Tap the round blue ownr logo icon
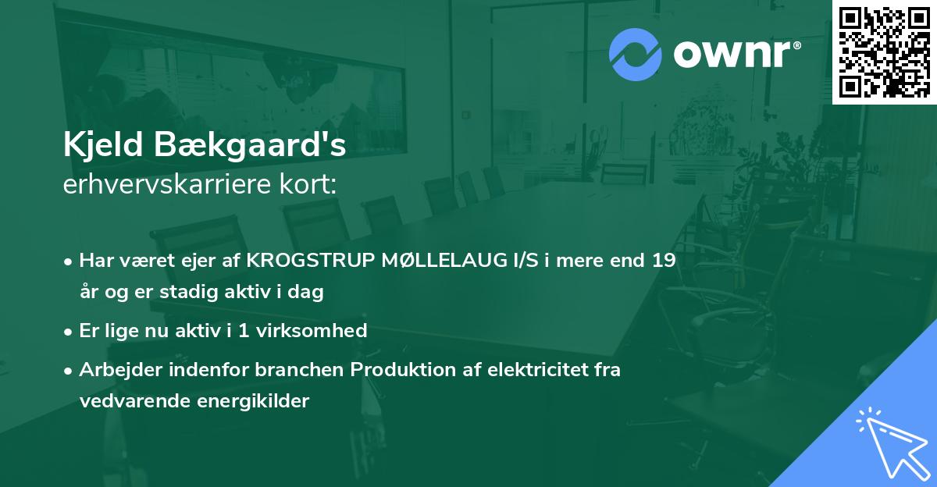636,55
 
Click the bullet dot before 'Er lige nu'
69,332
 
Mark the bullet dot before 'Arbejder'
69,371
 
